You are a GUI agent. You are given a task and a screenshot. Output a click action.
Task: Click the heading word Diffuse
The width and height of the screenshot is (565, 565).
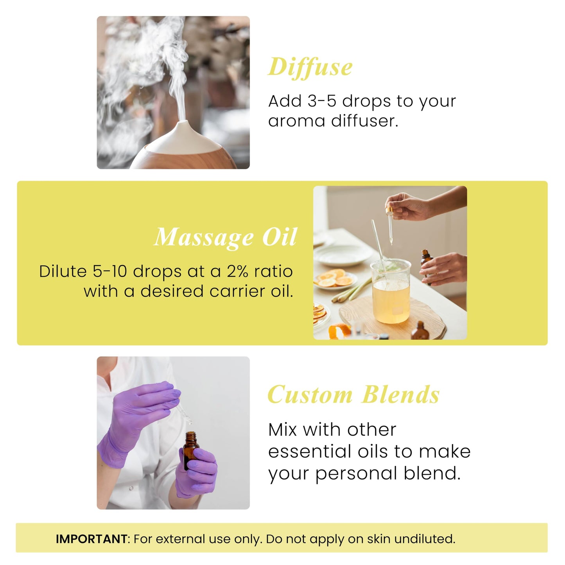[x=310, y=67]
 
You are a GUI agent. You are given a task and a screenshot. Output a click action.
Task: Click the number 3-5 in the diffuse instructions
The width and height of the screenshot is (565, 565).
[x=321, y=101]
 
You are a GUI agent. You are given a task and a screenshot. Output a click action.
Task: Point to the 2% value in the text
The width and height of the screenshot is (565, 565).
[x=237, y=271]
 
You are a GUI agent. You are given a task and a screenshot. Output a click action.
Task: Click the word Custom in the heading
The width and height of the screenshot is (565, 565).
[x=310, y=395]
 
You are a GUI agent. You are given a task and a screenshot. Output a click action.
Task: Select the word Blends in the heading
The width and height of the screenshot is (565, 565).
[x=400, y=395]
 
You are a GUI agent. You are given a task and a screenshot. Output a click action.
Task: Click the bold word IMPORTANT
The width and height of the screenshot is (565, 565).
[x=91, y=539]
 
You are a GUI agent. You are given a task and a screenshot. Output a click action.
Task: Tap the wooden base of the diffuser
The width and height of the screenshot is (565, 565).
[x=184, y=158]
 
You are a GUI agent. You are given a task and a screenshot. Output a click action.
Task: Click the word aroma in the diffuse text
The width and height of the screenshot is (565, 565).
[x=296, y=121]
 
